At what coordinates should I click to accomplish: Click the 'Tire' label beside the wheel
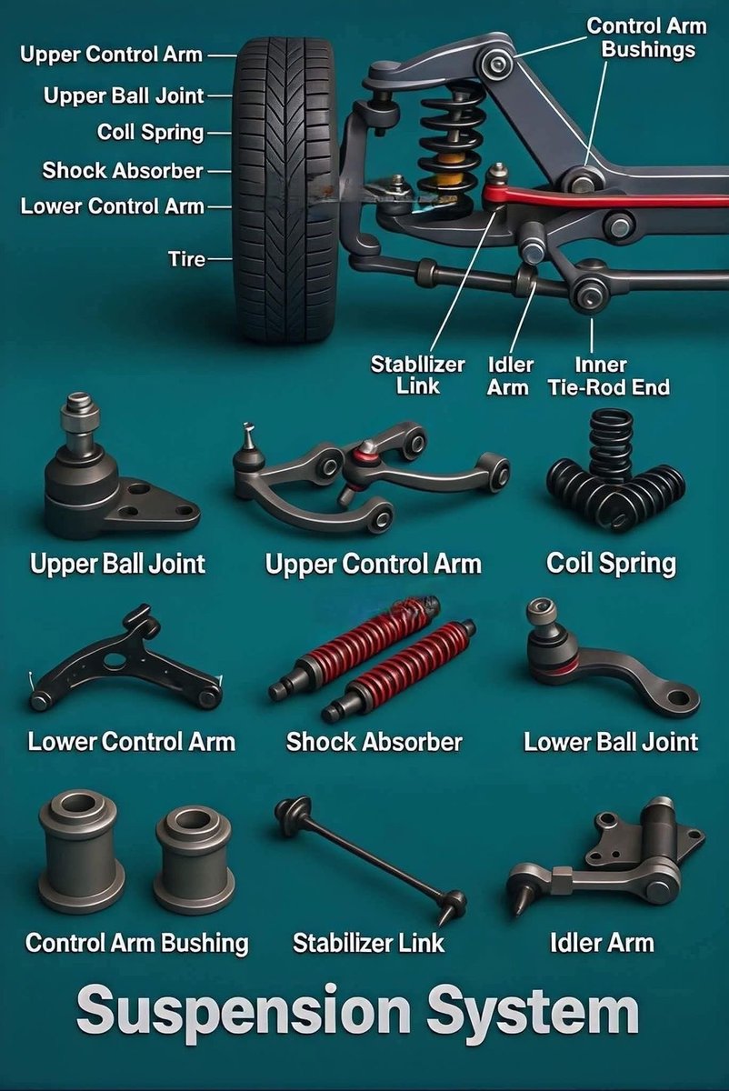point(186,258)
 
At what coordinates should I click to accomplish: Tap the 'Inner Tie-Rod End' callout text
point(609,376)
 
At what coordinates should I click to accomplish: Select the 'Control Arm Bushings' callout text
point(646,38)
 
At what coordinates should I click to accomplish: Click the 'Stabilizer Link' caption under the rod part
point(369,943)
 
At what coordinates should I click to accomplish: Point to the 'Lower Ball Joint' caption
point(611,742)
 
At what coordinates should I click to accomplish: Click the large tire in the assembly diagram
point(285,189)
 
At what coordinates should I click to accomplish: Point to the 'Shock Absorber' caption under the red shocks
point(374,742)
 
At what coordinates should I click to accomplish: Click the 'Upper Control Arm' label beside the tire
point(111,55)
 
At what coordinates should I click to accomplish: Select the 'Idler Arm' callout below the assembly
point(509,376)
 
